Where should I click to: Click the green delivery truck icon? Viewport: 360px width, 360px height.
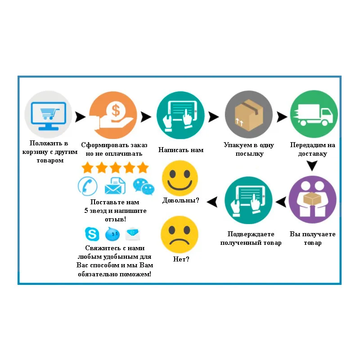[314, 114]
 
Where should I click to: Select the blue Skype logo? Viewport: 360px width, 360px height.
[92, 234]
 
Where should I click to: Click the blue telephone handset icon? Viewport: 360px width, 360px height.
[88, 185]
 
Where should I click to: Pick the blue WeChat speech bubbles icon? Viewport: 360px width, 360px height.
[143, 186]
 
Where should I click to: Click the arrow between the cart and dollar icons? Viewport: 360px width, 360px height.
[80, 117]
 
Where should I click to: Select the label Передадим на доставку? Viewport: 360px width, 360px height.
[314, 149]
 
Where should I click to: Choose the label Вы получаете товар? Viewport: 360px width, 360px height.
[313, 238]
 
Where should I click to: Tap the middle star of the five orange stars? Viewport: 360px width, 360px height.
[115, 168]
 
